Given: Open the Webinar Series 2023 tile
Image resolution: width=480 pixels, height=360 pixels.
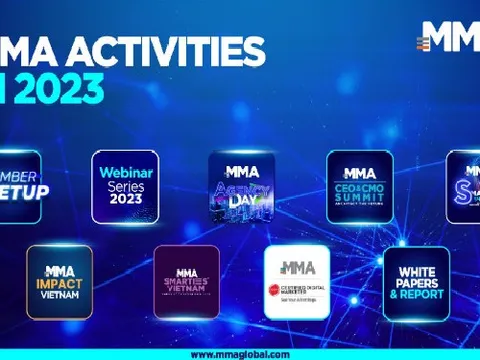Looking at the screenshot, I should coord(125,186).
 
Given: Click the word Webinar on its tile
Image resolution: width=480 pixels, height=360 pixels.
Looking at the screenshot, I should coord(125,172).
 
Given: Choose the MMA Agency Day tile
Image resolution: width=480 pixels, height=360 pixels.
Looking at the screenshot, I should coord(242,186).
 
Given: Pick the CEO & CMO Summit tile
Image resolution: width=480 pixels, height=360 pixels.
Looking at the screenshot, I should coord(359,186).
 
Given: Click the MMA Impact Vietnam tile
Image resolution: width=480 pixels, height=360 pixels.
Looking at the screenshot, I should coord(59,281).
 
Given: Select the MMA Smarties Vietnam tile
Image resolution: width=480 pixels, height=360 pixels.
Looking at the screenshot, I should coord(186,281).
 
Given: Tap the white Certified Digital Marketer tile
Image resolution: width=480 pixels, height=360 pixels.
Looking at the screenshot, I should coord(297,281).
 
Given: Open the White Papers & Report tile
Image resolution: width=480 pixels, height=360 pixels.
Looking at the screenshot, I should coord(416,281).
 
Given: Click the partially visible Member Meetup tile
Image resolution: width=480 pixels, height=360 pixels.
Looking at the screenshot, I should coord(20,186).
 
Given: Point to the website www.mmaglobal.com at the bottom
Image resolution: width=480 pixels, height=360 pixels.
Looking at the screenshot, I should coord(240,354).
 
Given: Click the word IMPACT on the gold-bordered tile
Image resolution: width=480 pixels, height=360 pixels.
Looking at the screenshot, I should coord(59,283).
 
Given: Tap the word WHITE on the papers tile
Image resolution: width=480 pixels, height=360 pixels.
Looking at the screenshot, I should coord(416,271).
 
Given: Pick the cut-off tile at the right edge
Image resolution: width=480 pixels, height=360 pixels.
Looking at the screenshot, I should coord(465,186).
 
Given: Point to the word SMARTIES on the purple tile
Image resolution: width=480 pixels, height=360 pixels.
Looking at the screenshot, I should coord(186,284).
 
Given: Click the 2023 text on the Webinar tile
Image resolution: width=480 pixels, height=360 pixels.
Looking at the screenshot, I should coord(125,199).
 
